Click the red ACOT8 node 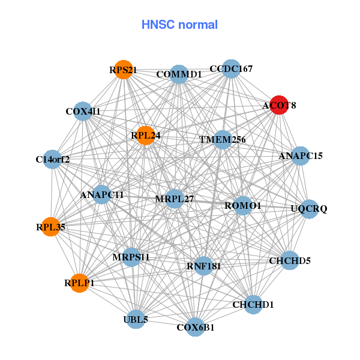[x=278, y=105]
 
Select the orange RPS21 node [x=123, y=70]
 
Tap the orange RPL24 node [x=145, y=136]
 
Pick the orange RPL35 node [x=50, y=227]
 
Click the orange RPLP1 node [x=80, y=282]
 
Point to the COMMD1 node [x=179, y=74]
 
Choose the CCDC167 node [x=231, y=68]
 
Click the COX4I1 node [x=83, y=111]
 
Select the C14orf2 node [x=53, y=159]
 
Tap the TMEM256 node [x=223, y=140]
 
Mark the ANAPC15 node [x=301, y=156]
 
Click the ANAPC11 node [x=102, y=194]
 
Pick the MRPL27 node [x=174, y=199]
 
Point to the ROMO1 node [x=243, y=206]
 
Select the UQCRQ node [x=309, y=209]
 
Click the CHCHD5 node [x=290, y=260]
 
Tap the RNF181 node [x=203, y=266]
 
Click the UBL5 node [x=136, y=319]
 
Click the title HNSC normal [x=179, y=25]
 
